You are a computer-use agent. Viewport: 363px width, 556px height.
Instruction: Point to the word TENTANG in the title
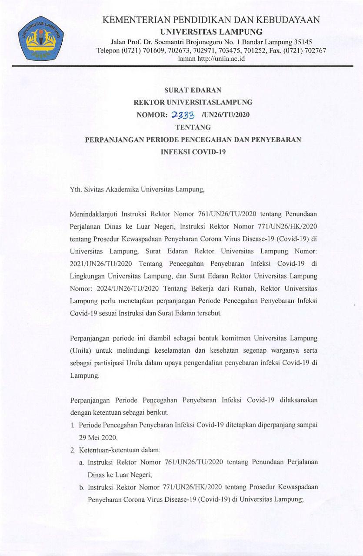193,127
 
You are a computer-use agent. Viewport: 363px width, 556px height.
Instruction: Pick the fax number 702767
314,50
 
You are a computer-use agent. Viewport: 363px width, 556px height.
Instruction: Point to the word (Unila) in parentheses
80,351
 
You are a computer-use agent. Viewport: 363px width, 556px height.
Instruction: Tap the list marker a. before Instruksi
81,463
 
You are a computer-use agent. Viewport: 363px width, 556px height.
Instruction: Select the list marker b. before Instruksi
82,487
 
